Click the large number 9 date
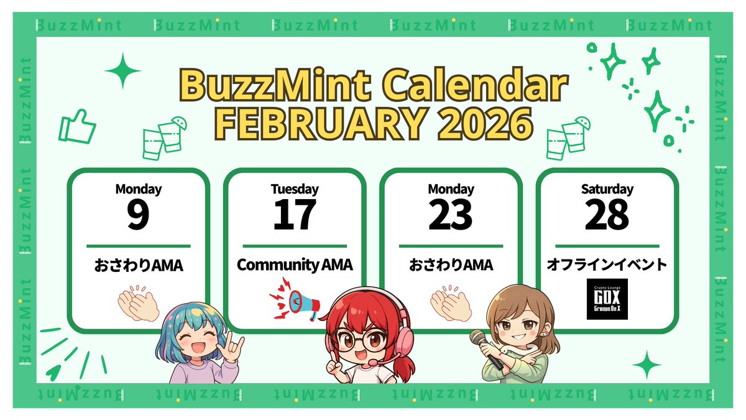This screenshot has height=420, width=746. (x=138, y=215)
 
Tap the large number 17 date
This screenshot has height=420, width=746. (x=295, y=215)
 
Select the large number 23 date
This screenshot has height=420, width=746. (x=451, y=215)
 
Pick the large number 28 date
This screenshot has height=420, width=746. (x=607, y=215)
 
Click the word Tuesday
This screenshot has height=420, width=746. (x=295, y=189)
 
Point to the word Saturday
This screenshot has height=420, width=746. (x=607, y=189)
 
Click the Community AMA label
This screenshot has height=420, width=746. (x=295, y=265)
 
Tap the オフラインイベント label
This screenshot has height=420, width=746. (x=607, y=265)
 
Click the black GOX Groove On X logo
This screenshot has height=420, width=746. (x=607, y=299)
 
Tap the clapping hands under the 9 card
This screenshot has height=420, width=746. (x=138, y=302)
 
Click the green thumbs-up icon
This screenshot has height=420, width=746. (x=77, y=127)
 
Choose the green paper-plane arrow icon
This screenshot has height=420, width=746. (x=54, y=371)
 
